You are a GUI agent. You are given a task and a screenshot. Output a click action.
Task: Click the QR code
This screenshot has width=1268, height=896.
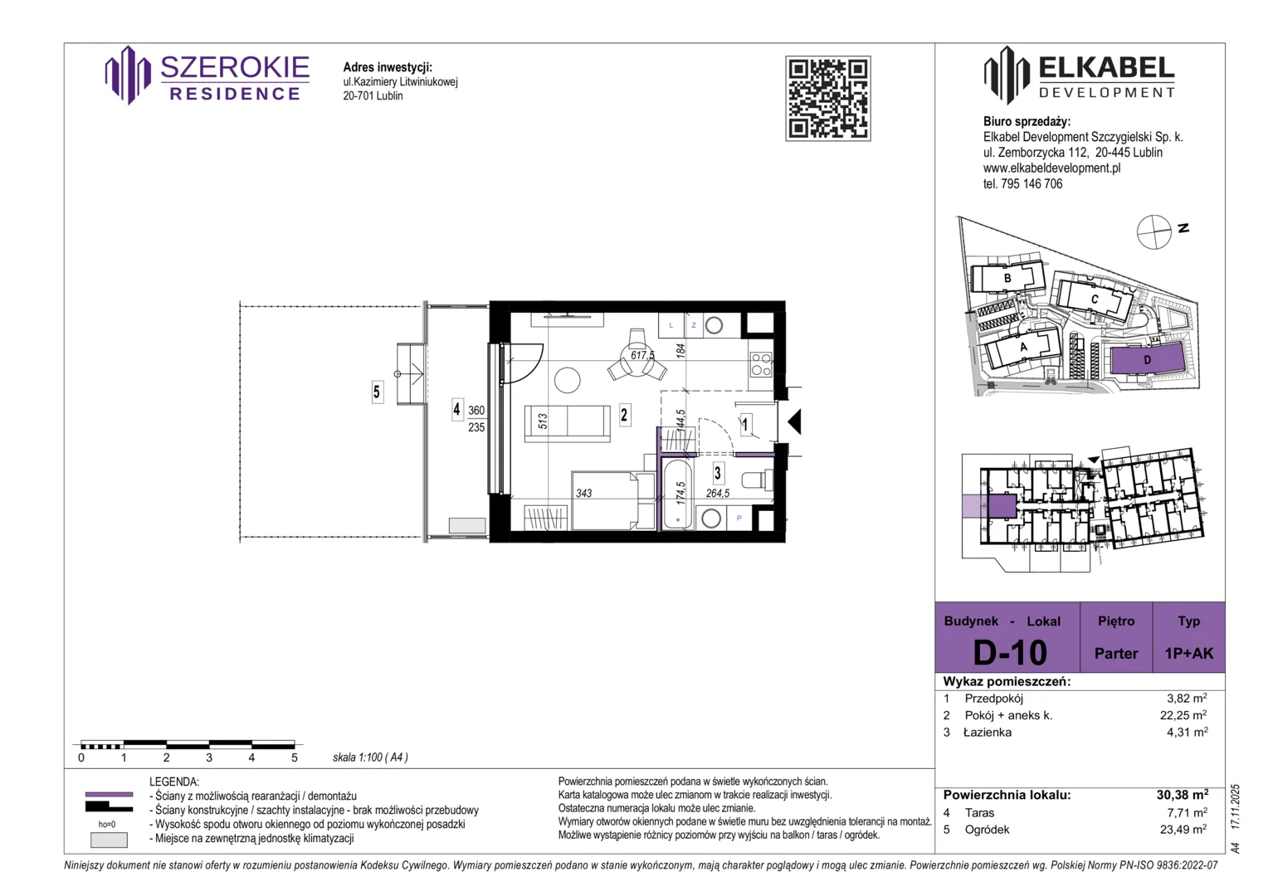pyautogui.click(x=827, y=99)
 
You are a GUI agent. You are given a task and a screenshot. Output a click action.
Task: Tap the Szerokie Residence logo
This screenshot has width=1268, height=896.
pyautogui.click(x=207, y=75)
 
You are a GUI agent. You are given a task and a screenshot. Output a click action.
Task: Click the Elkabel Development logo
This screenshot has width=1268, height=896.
pyautogui.click(x=1079, y=75)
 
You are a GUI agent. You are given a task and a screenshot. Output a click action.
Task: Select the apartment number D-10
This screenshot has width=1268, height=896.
pyautogui.click(x=1010, y=652)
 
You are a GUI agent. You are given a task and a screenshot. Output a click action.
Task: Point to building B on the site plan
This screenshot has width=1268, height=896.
pyautogui.click(x=1007, y=278)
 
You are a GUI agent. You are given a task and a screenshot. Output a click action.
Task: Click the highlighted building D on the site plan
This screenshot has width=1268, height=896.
pyautogui.click(x=1147, y=359)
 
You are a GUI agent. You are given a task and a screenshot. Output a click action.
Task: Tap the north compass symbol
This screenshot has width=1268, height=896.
pyautogui.click(x=1153, y=232)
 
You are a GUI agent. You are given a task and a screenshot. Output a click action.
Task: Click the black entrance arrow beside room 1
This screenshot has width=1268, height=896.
pyautogui.click(x=795, y=422)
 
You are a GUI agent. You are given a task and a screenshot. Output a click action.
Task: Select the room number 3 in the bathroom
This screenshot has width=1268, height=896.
pyautogui.click(x=718, y=473)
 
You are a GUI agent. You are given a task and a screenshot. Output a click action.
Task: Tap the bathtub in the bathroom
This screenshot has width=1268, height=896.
pyautogui.click(x=678, y=494)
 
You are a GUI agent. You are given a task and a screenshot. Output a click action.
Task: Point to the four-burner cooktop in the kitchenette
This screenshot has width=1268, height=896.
pyautogui.click(x=760, y=364)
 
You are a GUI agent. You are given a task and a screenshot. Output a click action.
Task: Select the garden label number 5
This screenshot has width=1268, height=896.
pyautogui.click(x=377, y=392)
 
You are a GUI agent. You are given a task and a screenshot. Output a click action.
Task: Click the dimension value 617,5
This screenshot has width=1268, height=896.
pyautogui.click(x=642, y=355)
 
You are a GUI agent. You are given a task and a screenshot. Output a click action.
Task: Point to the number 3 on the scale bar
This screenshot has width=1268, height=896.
pyautogui.click(x=209, y=757)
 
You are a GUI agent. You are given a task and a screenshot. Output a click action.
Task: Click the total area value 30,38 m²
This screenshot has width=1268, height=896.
pyautogui.click(x=1183, y=795)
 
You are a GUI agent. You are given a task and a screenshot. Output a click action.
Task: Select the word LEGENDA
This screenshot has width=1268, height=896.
pyautogui.click(x=173, y=782)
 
